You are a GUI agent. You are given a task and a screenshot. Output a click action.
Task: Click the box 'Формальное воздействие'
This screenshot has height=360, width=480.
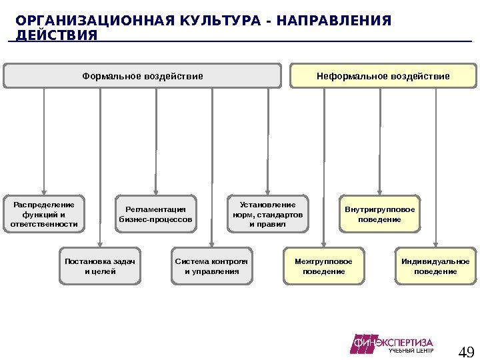142,76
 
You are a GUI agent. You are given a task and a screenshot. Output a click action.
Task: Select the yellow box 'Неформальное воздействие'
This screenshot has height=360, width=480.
383,76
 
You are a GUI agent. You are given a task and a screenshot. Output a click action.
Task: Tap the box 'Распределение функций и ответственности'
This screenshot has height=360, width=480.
44,213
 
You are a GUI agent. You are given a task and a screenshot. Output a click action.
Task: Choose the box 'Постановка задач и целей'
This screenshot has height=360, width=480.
100,266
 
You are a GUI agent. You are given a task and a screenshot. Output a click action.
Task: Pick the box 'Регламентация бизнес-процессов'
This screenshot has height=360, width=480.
156,214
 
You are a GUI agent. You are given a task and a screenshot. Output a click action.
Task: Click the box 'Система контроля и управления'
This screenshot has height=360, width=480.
211,266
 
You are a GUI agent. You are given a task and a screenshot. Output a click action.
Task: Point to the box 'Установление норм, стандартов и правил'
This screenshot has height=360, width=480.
267,213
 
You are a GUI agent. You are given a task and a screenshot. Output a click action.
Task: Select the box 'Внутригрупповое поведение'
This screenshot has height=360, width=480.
379,214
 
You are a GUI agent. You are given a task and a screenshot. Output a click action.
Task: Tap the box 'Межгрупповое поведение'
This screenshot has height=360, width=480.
323,266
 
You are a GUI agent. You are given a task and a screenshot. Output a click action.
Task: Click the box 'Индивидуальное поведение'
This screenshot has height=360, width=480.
435,266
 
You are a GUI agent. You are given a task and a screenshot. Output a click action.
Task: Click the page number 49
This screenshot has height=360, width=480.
467,351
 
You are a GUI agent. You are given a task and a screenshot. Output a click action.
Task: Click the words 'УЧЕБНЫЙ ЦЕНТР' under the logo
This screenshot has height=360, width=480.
411,351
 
